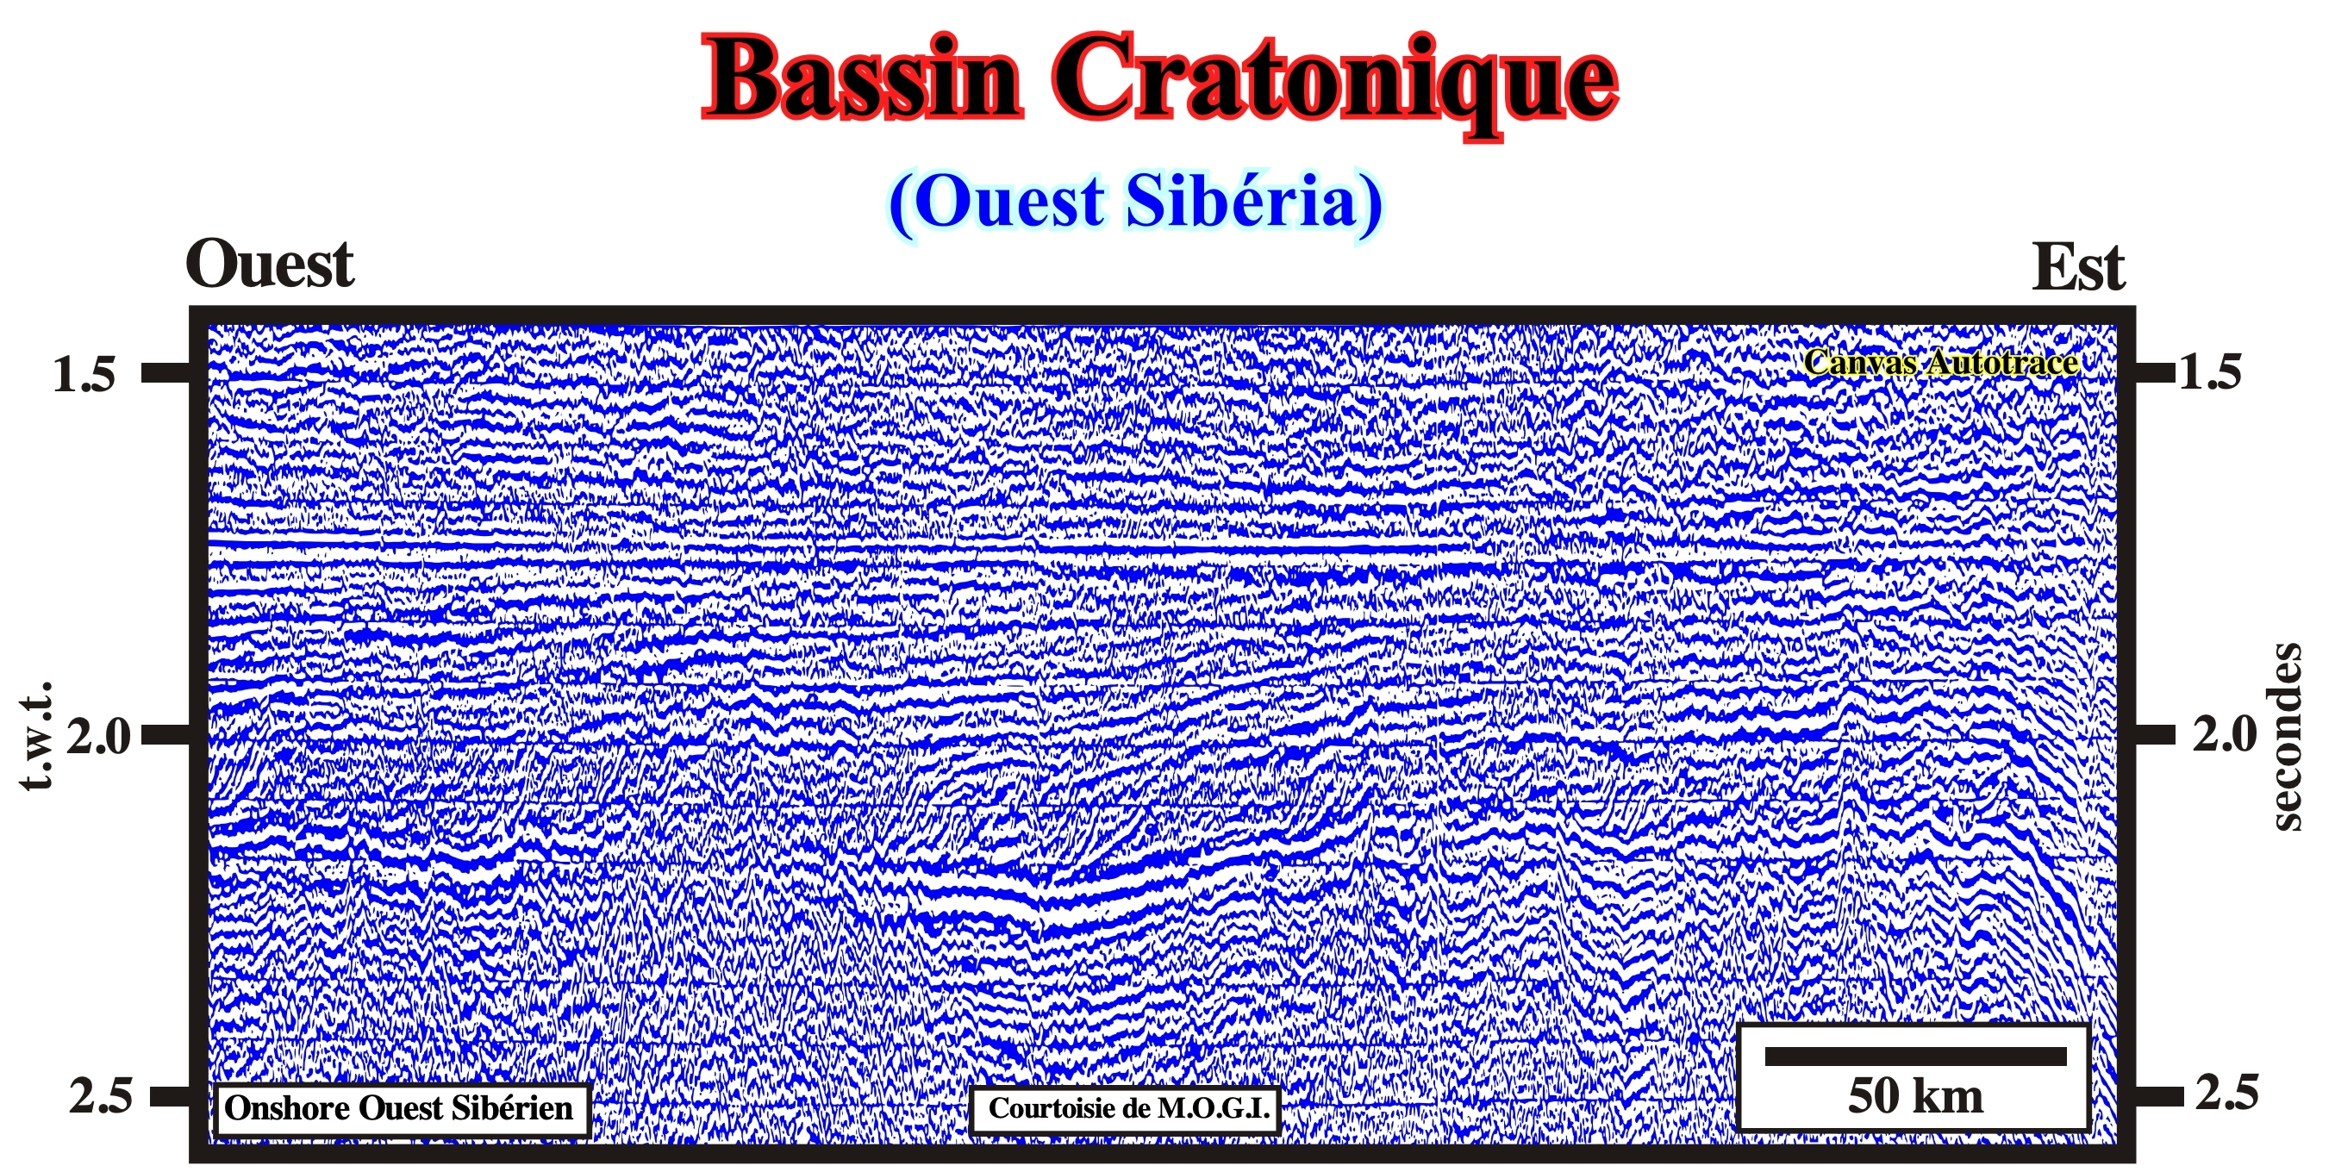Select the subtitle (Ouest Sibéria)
pyautogui.click(x=1135, y=203)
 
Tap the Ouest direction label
pyautogui.click(x=269, y=265)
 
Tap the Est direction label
pyautogui.click(x=2077, y=267)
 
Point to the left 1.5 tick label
pyautogui.click(x=84, y=373)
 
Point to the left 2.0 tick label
pyautogui.click(x=98, y=736)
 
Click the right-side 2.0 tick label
pyautogui.click(x=2225, y=734)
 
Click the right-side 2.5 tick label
pyautogui.click(x=2228, y=1094)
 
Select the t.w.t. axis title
pyautogui.click(x=36, y=736)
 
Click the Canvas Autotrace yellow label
pyautogui.click(x=1941, y=363)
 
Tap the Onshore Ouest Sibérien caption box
pyautogui.click(x=402, y=1109)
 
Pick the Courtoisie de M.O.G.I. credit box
pyautogui.click(x=1124, y=1109)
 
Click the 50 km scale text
pyautogui.click(x=1915, y=1097)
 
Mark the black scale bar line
pyautogui.click(x=1915, y=1056)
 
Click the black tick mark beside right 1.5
pyautogui.click(x=2154, y=372)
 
